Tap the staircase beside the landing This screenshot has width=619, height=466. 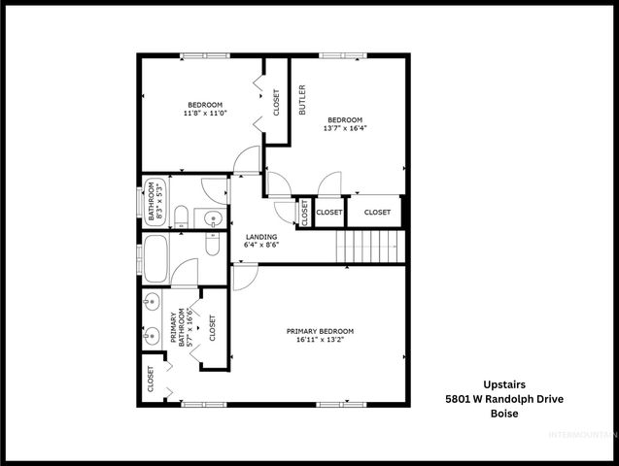click(x=368, y=248)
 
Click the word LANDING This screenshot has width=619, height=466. click(x=260, y=237)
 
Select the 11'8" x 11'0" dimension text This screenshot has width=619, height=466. click(x=204, y=114)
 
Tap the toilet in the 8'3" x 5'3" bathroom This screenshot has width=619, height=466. click(x=181, y=215)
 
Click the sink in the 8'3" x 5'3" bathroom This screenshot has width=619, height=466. click(x=212, y=219)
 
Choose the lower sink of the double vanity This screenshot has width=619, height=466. click(x=151, y=338)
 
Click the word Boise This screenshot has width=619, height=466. click(x=503, y=414)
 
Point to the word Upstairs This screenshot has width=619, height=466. click(x=503, y=383)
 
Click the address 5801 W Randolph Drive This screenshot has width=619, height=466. click(x=503, y=399)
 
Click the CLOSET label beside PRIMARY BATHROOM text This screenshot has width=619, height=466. click(x=213, y=330)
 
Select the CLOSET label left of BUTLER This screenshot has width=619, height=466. click(x=276, y=102)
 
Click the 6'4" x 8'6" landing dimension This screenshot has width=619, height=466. click(x=260, y=246)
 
